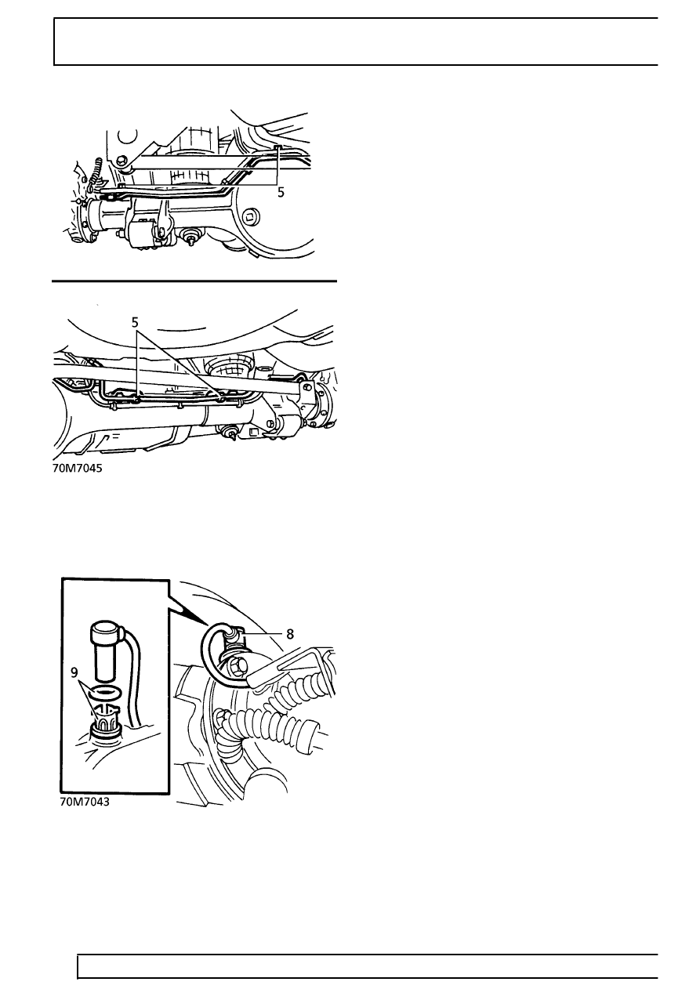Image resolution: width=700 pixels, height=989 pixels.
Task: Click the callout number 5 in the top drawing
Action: [281, 193]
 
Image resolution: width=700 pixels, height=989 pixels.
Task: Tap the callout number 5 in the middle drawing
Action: [135, 323]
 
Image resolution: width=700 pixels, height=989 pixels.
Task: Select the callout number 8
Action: [290, 634]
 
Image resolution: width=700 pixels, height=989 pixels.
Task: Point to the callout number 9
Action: [74, 672]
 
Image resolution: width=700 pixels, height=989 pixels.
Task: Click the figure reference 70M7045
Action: [78, 468]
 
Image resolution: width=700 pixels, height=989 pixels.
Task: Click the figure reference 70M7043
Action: [85, 802]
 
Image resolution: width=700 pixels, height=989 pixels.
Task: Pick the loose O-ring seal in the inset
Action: [104, 692]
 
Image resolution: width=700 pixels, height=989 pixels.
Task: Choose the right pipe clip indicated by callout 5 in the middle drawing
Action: [222, 399]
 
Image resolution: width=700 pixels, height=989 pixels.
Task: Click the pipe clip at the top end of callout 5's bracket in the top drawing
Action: [277, 147]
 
